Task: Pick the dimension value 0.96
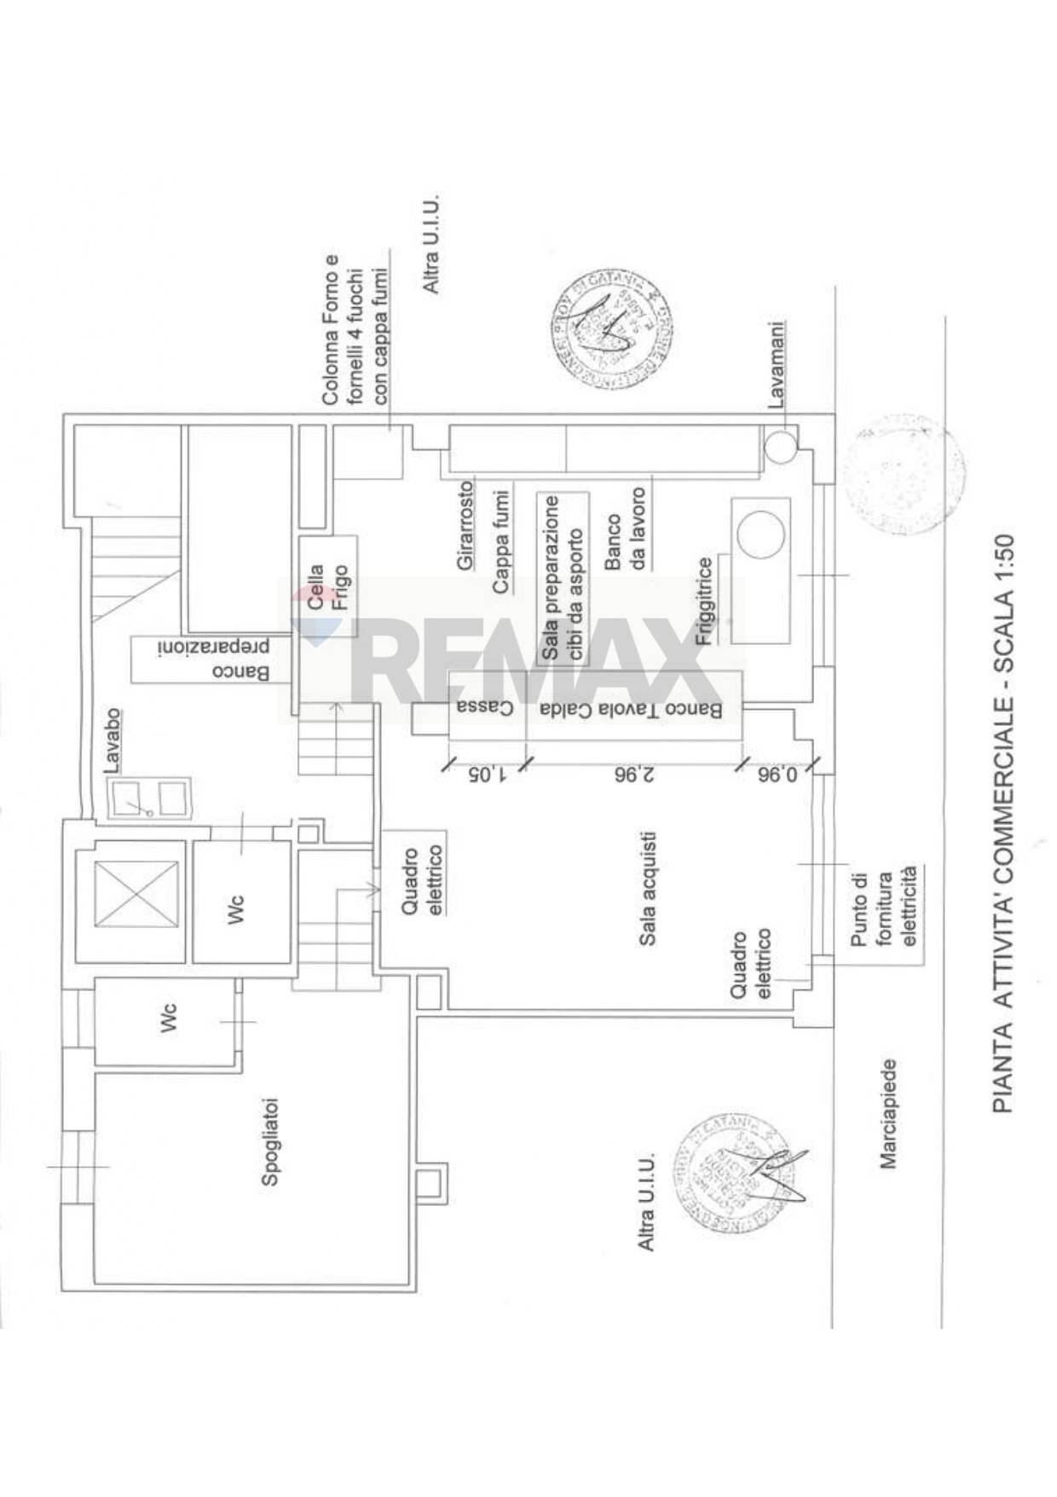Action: coord(777,775)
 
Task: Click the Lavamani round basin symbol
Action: coord(779,445)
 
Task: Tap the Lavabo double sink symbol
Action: coord(149,798)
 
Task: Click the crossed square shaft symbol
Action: coord(136,893)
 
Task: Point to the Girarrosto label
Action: coord(465,525)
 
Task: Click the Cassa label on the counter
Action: coord(484,707)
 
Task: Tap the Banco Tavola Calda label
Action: coord(631,709)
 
